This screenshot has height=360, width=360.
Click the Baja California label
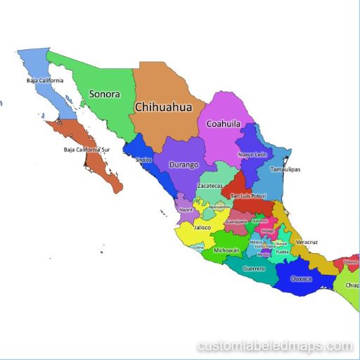click(45, 80)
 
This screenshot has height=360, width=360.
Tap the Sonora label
click(104, 94)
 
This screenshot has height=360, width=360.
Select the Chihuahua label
click(162, 108)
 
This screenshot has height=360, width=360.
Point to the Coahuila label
click(224, 124)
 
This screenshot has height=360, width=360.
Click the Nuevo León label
click(252, 154)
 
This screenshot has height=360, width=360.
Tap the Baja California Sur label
click(87, 150)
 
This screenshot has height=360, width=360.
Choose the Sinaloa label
click(143, 160)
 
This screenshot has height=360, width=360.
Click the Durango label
click(184, 165)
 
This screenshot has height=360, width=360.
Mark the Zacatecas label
click(210, 186)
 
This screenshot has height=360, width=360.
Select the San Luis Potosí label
click(250, 195)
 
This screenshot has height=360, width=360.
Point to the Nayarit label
click(186, 210)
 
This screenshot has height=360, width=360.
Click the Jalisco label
click(203, 228)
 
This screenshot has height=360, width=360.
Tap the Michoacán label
click(226, 250)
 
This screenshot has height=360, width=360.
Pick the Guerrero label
click(254, 269)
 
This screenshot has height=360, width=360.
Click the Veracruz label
click(307, 242)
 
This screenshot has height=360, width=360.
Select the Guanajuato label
click(236, 221)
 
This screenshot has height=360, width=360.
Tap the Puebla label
click(282, 251)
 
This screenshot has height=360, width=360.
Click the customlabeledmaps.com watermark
click(275, 346)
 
